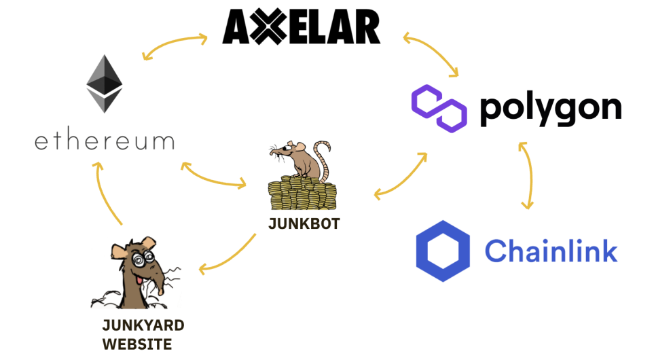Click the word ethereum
(104, 141)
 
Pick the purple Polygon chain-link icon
(439, 108)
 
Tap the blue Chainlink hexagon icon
(443, 251)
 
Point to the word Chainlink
(551, 251)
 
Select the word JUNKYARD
(143, 324)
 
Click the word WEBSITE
(137, 344)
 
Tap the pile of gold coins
(302, 194)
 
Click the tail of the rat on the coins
(324, 156)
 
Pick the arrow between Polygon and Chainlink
(527, 175)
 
